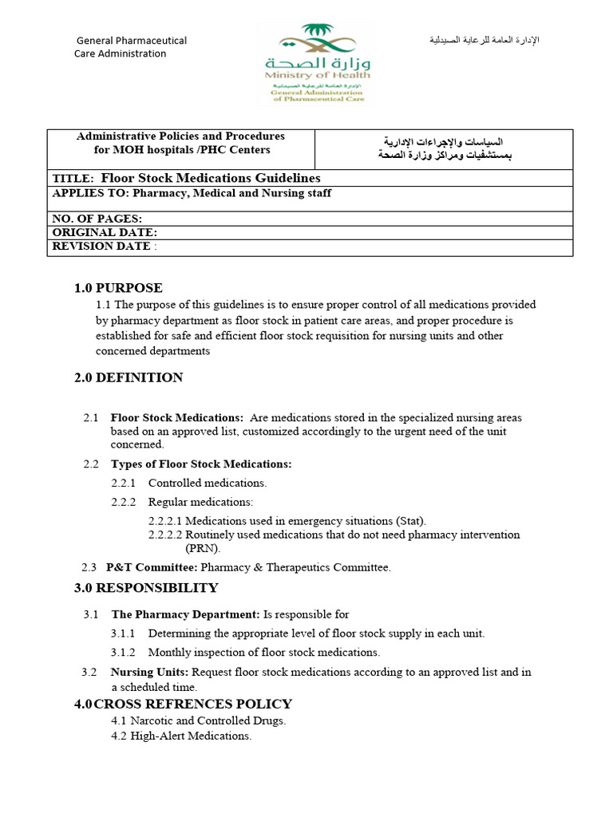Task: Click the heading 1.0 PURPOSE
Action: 118,288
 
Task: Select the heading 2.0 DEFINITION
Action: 129,377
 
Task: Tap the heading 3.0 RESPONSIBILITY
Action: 146,588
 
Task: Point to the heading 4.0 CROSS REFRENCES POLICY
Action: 184,704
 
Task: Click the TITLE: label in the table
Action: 73,179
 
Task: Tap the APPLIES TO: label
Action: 90,193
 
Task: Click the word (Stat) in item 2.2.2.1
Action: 409,520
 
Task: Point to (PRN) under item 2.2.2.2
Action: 203,548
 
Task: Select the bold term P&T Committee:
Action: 152,567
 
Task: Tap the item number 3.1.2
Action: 123,652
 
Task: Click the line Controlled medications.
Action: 208,483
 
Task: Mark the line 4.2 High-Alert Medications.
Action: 181,736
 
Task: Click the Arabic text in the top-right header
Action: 484,40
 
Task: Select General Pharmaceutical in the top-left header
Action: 132,40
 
